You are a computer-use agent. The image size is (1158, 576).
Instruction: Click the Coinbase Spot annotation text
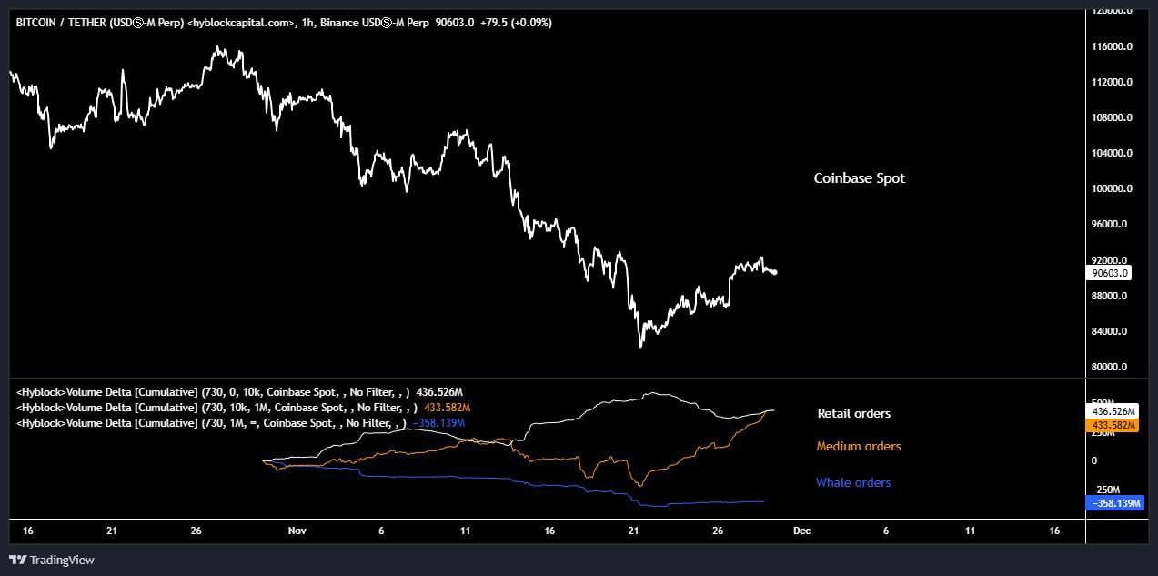click(859, 178)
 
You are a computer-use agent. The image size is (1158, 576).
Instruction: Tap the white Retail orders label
click(853, 413)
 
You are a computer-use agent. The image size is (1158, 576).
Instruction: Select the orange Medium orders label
click(858, 446)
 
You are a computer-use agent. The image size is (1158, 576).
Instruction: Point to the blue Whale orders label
click(852, 482)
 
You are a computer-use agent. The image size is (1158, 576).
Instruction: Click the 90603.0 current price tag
click(1111, 272)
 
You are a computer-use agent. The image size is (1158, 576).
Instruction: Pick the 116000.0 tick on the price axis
click(1111, 46)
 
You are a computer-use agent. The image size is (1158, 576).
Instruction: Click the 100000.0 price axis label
click(1111, 188)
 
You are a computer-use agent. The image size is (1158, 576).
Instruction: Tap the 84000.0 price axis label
click(1111, 331)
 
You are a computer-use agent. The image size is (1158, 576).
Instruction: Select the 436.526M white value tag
click(1113, 411)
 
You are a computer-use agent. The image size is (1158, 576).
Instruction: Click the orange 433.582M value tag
click(1113, 425)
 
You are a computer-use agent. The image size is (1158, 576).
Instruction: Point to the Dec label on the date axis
click(801, 530)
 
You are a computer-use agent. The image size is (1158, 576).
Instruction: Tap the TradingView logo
click(52, 560)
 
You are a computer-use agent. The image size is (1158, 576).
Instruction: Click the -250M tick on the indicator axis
click(1107, 490)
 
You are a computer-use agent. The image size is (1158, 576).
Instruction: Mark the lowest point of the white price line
click(640, 347)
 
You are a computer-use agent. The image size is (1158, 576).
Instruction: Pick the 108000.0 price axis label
click(1111, 117)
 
